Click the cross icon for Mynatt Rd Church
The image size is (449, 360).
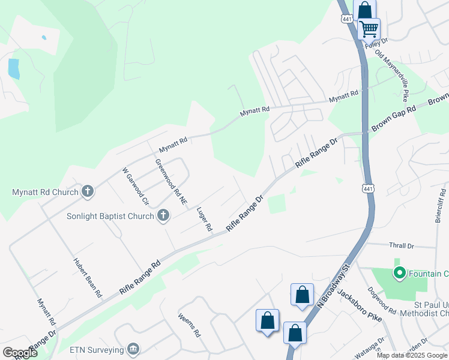coord(88,192)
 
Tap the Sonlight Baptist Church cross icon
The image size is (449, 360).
coord(163,216)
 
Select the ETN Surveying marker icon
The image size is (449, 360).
coord(133,349)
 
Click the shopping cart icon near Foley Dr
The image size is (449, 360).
coord(369,28)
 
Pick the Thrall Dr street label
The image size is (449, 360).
coord(402,246)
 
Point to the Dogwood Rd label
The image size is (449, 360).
coord(384,304)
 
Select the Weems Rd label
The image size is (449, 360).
coord(188,325)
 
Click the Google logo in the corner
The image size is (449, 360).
coord(20,352)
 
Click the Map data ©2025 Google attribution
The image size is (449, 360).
coord(412,355)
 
